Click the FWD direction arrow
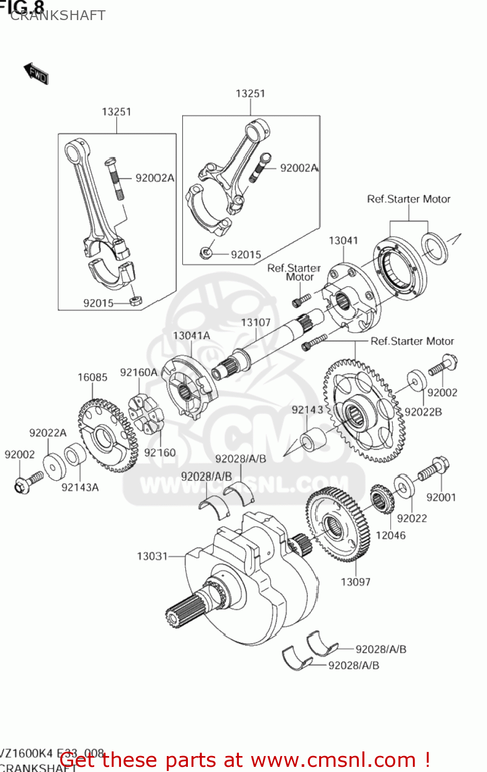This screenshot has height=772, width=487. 36,74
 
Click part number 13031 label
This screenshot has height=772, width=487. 152,556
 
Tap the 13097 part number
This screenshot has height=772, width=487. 355,582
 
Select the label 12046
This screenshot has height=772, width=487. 390,535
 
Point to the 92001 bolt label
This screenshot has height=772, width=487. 441,497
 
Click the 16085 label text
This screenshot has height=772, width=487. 92,377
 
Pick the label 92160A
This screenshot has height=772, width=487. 138,372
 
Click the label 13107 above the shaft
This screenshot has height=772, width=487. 255,322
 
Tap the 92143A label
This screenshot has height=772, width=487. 80,487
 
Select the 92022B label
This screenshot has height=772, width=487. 423,412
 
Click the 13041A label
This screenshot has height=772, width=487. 191,336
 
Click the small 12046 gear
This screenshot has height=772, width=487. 381,498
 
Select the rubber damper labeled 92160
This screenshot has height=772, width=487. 145,414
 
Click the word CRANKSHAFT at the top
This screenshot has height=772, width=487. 58,15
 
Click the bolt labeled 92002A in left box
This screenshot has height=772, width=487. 114,178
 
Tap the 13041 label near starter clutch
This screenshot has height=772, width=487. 343,240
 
